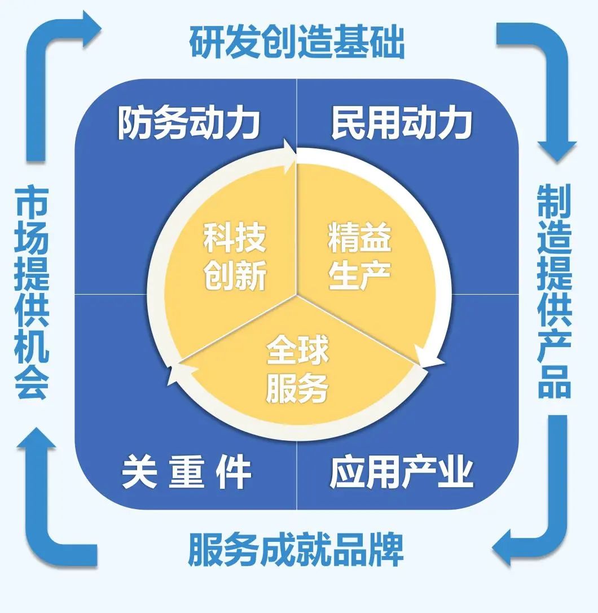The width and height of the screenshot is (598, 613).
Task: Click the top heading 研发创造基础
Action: (297, 41)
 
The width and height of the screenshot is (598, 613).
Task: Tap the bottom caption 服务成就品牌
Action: (296, 549)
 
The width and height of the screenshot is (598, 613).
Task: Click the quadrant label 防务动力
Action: (188, 123)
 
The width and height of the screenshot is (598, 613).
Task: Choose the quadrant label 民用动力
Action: (401, 123)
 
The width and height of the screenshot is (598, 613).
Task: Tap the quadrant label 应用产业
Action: (401, 472)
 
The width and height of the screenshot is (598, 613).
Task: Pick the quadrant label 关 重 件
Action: (186, 472)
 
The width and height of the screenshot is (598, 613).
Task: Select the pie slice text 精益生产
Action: (359, 256)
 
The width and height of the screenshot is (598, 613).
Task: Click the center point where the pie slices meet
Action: (296, 294)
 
